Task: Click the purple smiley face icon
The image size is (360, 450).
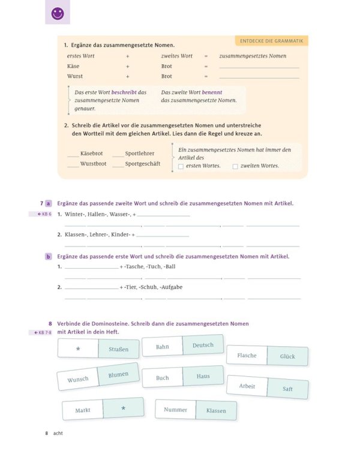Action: click(x=58, y=13)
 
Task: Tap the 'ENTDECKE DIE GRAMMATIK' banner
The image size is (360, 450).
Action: click(x=271, y=41)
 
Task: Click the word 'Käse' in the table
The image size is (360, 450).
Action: click(x=73, y=66)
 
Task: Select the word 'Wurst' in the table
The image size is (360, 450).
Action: click(x=75, y=77)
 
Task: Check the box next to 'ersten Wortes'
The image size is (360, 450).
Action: click(x=181, y=166)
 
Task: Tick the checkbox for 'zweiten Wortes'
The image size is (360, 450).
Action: click(x=235, y=166)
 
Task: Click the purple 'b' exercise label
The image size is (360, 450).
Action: click(x=49, y=256)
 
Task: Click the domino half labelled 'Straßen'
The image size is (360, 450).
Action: click(x=118, y=349)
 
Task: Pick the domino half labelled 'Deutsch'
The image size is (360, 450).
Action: click(x=203, y=346)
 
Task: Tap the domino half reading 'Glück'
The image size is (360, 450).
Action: click(x=287, y=356)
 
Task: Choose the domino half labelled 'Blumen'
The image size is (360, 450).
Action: click(x=118, y=375)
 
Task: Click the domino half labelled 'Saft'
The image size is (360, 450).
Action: click(x=288, y=389)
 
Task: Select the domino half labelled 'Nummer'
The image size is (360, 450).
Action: click(x=175, y=410)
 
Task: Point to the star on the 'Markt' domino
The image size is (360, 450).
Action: click(x=123, y=409)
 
